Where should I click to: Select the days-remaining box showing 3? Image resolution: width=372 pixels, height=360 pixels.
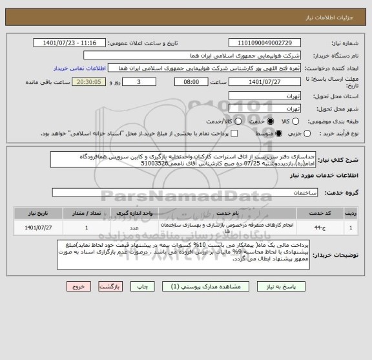141,82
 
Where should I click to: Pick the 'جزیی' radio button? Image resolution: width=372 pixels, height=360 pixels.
306,134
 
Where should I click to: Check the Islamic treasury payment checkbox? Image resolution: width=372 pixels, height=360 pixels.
234,134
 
